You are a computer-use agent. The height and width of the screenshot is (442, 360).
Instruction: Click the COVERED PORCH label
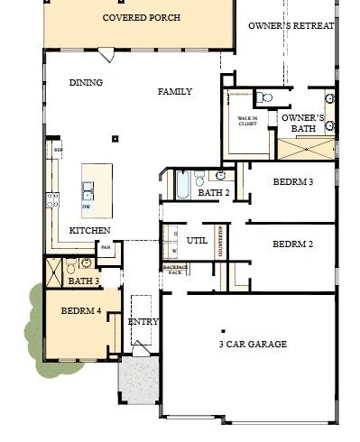[x=141, y=18]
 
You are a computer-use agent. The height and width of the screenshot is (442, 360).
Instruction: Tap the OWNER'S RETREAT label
[x=291, y=26]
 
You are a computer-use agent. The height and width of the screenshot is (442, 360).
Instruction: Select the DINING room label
[x=86, y=83]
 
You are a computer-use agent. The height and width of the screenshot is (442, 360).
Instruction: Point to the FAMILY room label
[x=175, y=92]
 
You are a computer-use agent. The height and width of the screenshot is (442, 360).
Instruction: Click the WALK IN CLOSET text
[x=248, y=121]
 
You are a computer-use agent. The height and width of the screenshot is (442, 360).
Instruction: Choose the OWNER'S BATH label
[x=303, y=124]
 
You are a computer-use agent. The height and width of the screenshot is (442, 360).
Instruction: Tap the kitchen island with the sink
[x=97, y=190]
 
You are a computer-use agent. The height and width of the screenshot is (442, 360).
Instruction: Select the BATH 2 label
[x=214, y=193]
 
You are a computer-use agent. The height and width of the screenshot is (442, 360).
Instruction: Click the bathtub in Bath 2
[x=181, y=185]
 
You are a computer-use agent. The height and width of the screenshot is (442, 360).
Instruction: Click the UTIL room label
[x=197, y=241]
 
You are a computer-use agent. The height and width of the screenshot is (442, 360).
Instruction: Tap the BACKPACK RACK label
[x=174, y=270]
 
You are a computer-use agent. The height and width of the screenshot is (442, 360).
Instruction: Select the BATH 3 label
[x=83, y=281]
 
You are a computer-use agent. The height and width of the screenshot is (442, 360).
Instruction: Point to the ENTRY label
[x=143, y=322]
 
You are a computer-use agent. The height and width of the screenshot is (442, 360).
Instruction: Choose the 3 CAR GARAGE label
[x=253, y=345]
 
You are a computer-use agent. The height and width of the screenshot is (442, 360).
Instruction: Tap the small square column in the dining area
[x=115, y=139]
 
